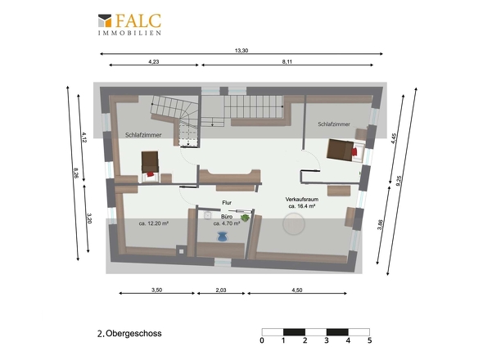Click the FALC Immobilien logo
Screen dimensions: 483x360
pyautogui.click(x=129, y=25)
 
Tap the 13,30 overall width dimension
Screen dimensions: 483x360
pyautogui.click(x=241, y=51)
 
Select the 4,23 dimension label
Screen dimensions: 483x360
pyautogui.click(x=154, y=61)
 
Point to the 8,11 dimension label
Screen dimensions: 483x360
pyautogui.click(x=287, y=61)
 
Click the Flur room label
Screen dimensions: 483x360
pyautogui.click(x=227, y=203)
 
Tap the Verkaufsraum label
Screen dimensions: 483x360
pyautogui.click(x=302, y=200)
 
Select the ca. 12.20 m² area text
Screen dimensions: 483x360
pyautogui.click(x=153, y=223)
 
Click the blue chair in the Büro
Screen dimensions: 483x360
pyautogui.click(x=222, y=236)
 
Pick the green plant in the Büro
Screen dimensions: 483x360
pyautogui.click(x=246, y=218)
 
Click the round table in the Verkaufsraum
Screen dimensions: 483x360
pyautogui.click(x=294, y=224)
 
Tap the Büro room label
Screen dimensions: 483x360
pyautogui.click(x=227, y=217)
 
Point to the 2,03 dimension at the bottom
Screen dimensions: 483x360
pyautogui.click(x=221, y=290)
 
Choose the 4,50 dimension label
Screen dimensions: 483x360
pyautogui.click(x=297, y=290)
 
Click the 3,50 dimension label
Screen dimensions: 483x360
pyautogui.click(x=157, y=290)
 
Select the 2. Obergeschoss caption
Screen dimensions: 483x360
pyautogui.click(x=129, y=334)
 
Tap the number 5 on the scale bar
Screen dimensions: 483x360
pyautogui.click(x=370, y=340)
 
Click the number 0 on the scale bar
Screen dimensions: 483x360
pyautogui.click(x=262, y=340)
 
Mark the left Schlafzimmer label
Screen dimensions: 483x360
pyautogui.click(x=143, y=135)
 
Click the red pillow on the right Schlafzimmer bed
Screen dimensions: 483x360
pyautogui.click(x=354, y=151)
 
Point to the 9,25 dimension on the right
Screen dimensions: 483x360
pyautogui.click(x=399, y=181)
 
